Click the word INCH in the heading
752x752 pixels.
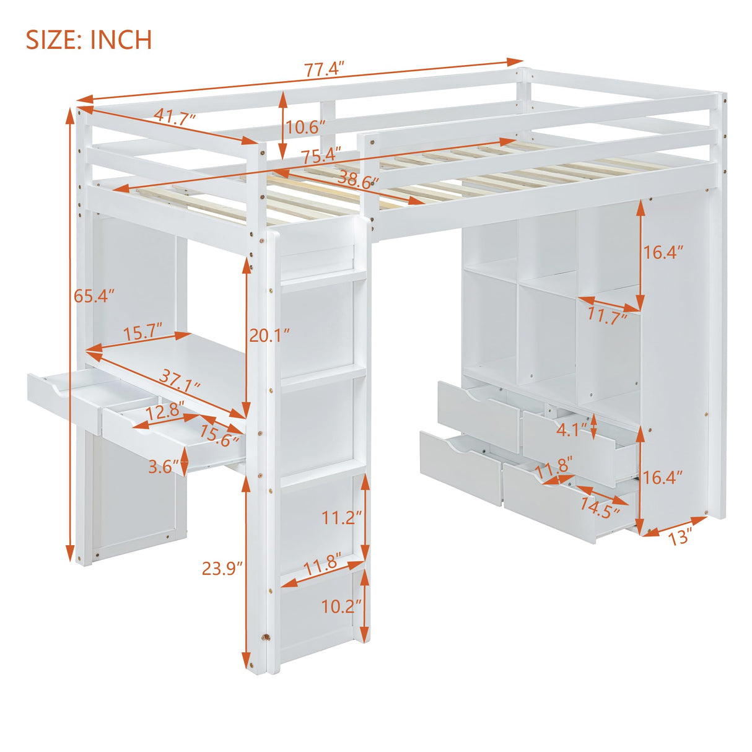[121, 40]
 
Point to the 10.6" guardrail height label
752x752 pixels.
[305, 128]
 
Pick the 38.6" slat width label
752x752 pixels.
[358, 181]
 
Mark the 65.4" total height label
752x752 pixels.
[95, 296]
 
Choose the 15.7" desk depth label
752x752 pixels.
[142, 333]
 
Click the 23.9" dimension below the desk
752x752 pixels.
[222, 567]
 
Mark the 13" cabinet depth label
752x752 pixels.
[680, 537]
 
